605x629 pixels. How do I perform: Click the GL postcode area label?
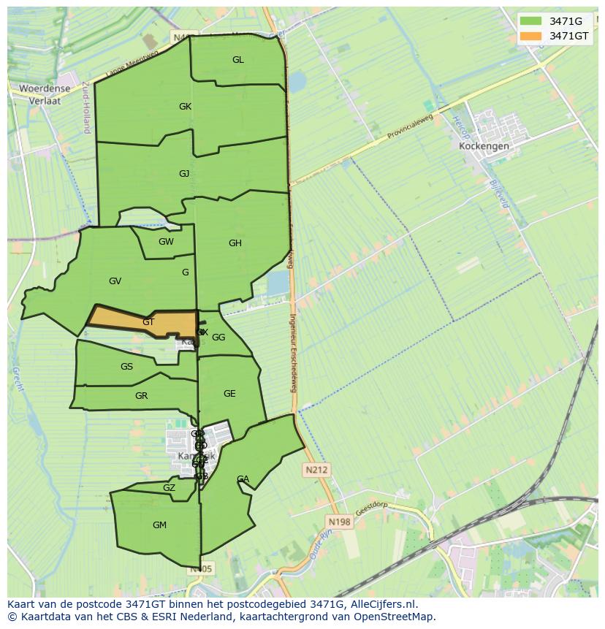coord(238,60)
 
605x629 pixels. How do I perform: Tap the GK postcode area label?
coord(185,107)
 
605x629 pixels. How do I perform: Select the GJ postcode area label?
coord(184,174)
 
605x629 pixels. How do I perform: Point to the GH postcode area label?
coord(235,243)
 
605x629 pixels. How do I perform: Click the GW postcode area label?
coord(166,242)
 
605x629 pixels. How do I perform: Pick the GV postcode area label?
coord(115,281)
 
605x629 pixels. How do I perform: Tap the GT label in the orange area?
coord(148,322)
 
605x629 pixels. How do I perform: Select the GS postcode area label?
coord(127,367)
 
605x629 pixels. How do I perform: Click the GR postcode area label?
coord(142,396)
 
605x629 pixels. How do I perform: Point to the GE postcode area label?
coord(229,394)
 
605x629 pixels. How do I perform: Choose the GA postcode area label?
coord(243,479)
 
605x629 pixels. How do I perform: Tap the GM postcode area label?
coord(159,525)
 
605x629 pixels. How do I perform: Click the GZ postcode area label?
coord(169,488)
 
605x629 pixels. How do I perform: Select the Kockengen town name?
coord(484,146)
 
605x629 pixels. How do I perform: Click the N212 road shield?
coord(317,470)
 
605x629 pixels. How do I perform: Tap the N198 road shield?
coord(339,522)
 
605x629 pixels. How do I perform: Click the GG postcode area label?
coord(218,338)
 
